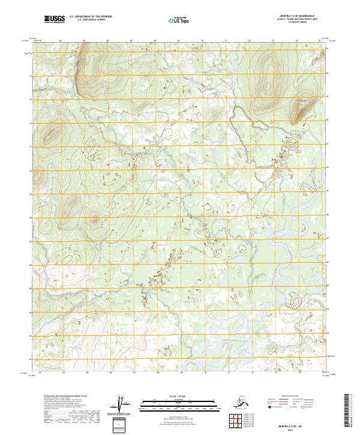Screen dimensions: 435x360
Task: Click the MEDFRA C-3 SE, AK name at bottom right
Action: click(298, 422)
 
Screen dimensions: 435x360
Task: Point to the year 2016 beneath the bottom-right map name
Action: click(298, 427)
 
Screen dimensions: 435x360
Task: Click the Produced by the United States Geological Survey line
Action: click(61, 395)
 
